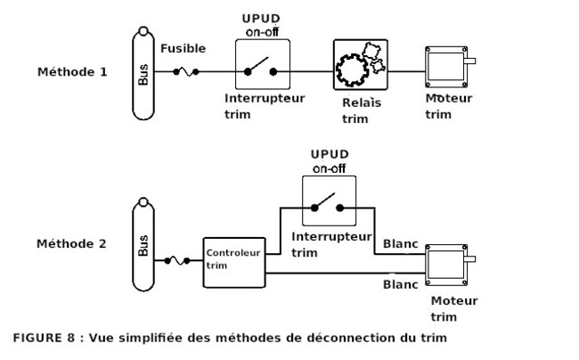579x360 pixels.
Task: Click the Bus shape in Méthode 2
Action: tap(144, 245)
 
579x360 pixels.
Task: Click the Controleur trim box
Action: tap(229, 260)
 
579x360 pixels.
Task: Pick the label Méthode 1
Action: tap(72, 71)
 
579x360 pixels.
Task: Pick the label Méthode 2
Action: tap(72, 242)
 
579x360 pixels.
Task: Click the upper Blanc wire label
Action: tap(399, 243)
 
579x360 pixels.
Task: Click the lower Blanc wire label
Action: tap(399, 285)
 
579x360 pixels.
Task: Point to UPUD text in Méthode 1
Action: tap(258, 18)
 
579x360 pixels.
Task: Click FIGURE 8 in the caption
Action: tap(45, 339)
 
